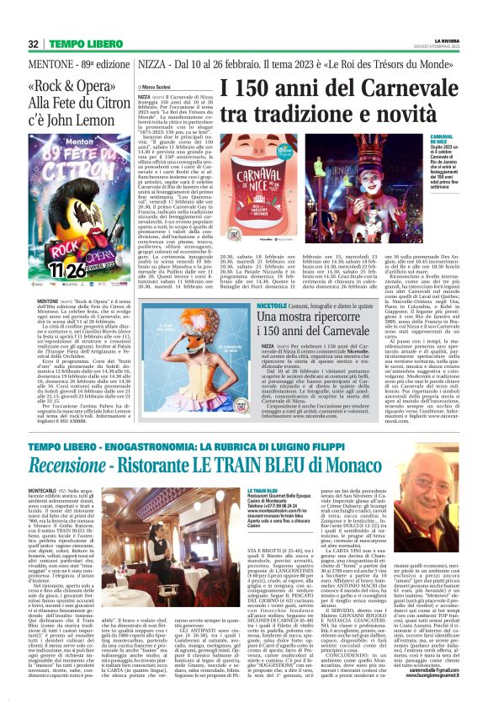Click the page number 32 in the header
coord(32,44)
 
